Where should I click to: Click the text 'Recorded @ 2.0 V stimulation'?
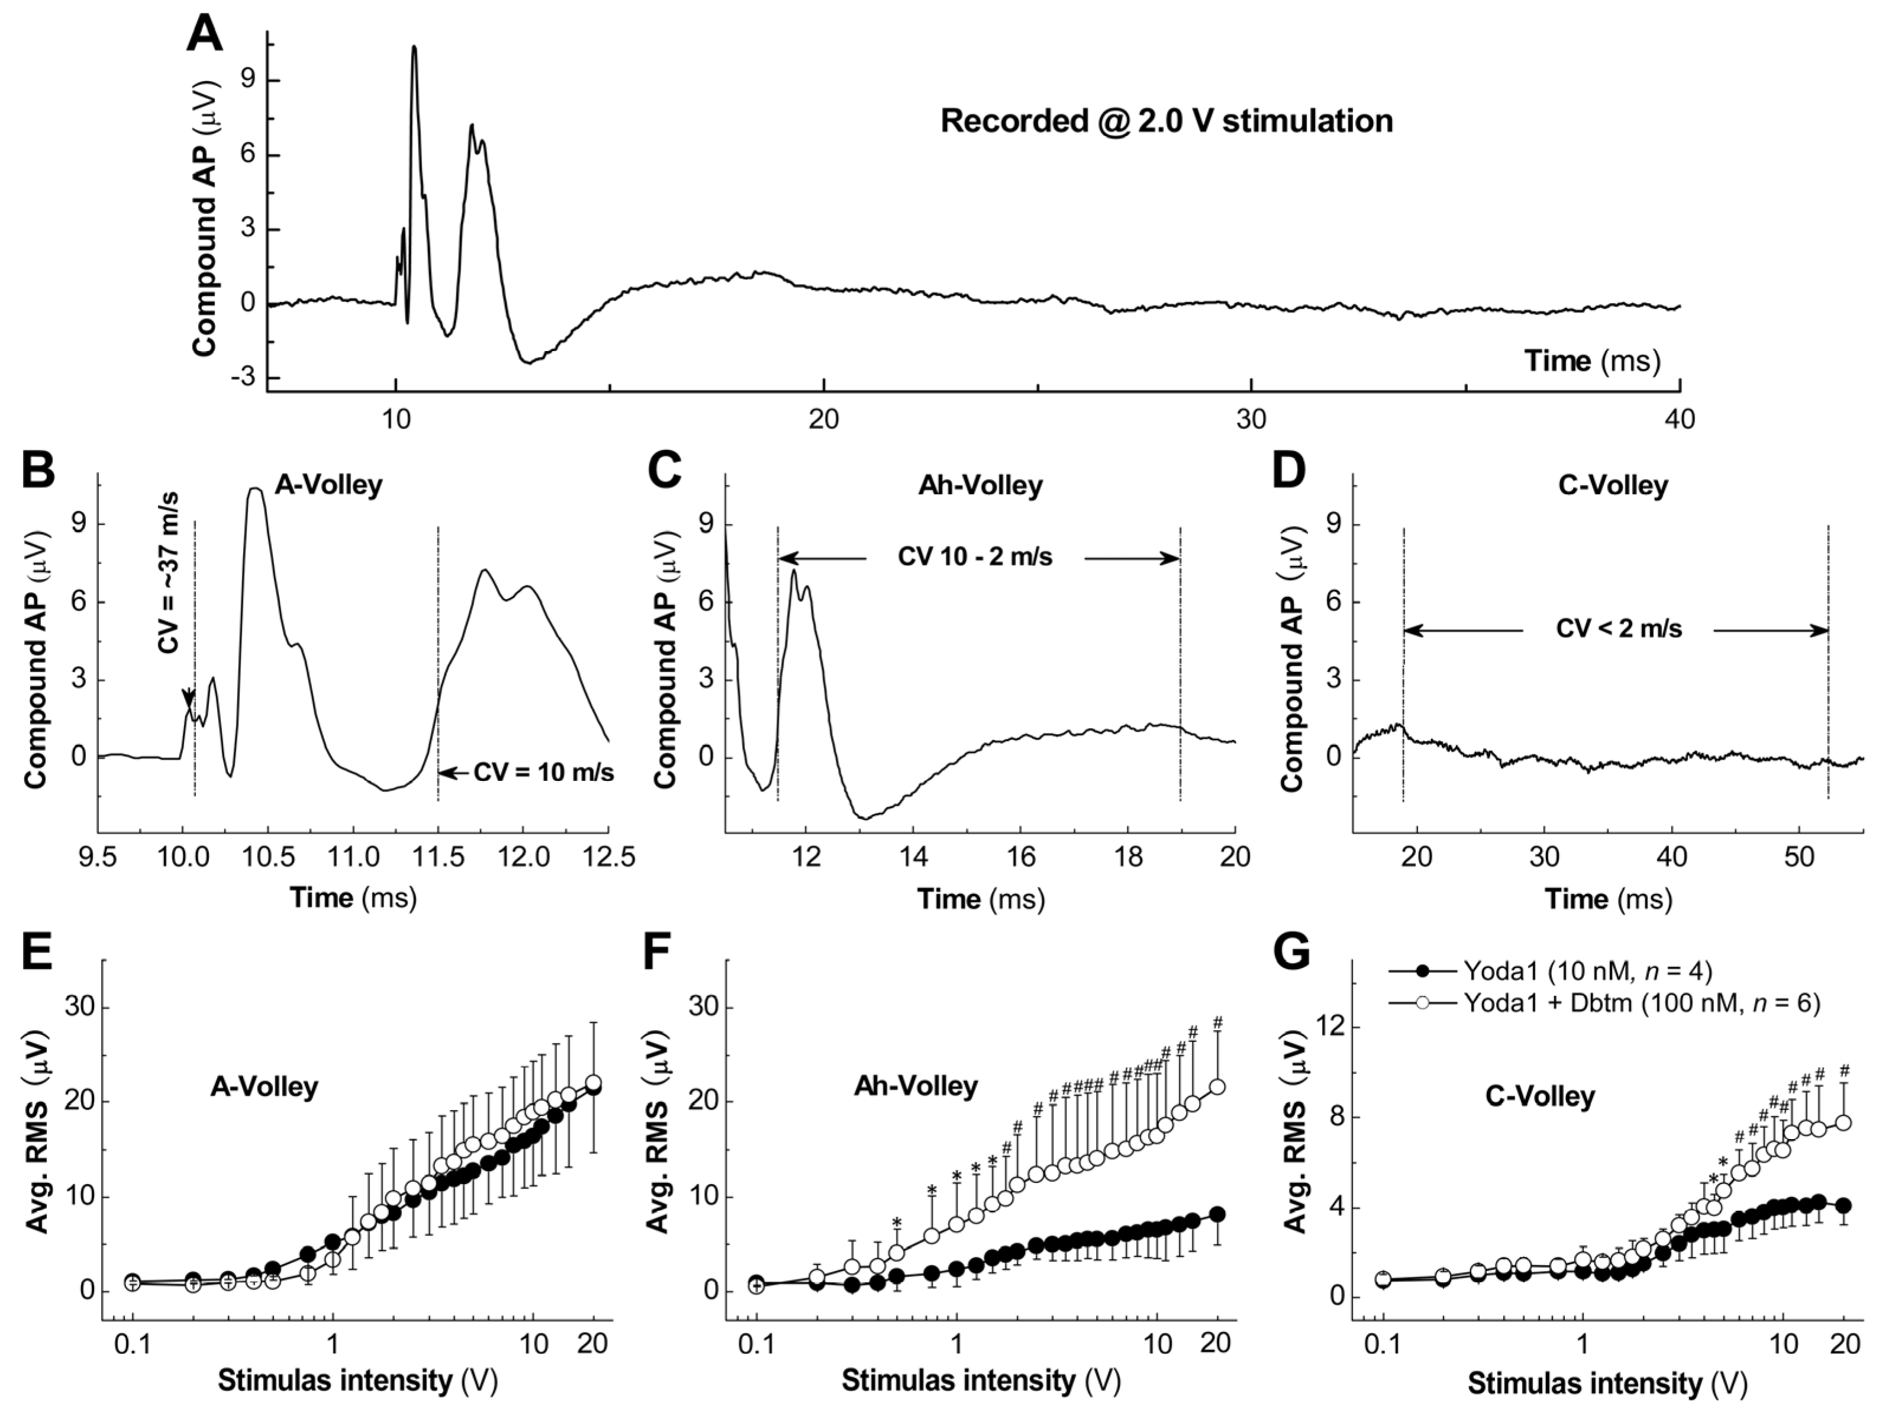(1166, 121)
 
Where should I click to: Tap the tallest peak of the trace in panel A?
(414, 48)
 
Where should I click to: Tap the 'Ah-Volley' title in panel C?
(980, 486)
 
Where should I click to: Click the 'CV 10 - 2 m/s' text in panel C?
(975, 558)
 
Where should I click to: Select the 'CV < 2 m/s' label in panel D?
(1618, 629)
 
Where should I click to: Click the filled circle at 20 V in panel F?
(1218, 1214)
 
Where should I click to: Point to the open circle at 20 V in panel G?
(1844, 1123)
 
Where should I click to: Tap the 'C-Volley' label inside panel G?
(1540, 1096)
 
